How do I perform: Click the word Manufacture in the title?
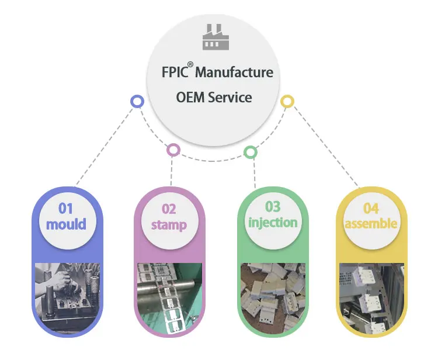coord(234,72)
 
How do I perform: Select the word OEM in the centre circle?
coord(189,97)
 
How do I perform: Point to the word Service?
coord(230,97)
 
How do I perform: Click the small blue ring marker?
coord(137,102)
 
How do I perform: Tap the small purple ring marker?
coord(172,150)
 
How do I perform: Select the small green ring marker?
coord(250,153)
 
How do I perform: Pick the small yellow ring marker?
coord(287,101)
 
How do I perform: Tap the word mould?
coord(66,224)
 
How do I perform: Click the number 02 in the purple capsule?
coord(169,209)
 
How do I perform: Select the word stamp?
coord(169,225)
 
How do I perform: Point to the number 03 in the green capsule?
coord(273,207)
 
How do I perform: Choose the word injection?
coord(273,223)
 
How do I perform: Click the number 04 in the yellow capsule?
coord(371,209)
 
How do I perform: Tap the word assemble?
coord(371,224)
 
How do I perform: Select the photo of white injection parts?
coord(273,292)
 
